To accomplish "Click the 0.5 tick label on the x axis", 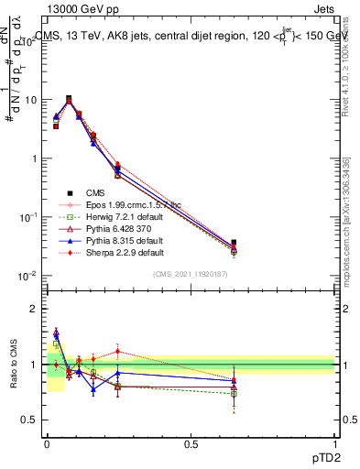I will click(191, 442).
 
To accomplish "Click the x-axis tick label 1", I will click(334, 442).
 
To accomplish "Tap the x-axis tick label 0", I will click(46, 442).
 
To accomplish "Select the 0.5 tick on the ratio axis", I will click(32, 421).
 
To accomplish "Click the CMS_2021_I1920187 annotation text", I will click(191, 274).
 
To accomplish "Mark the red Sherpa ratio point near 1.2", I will click(117, 351).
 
